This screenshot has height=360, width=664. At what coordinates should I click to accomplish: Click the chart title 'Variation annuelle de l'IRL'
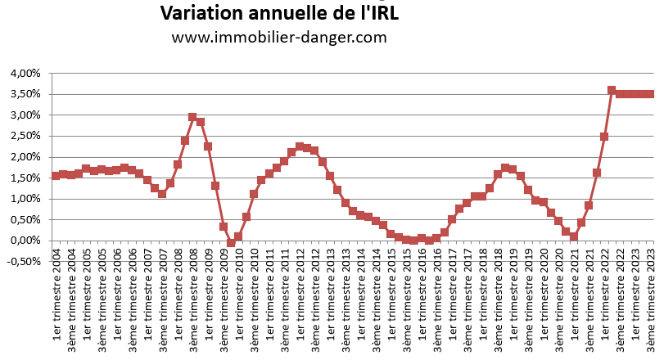pos(279,14)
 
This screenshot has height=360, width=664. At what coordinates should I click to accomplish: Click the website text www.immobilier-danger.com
pos(279,38)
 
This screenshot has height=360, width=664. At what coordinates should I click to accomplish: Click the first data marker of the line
pos(56,176)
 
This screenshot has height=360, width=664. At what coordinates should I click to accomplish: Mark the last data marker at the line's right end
pos(650,94)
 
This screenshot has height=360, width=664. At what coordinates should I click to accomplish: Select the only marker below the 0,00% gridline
pos(231,243)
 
